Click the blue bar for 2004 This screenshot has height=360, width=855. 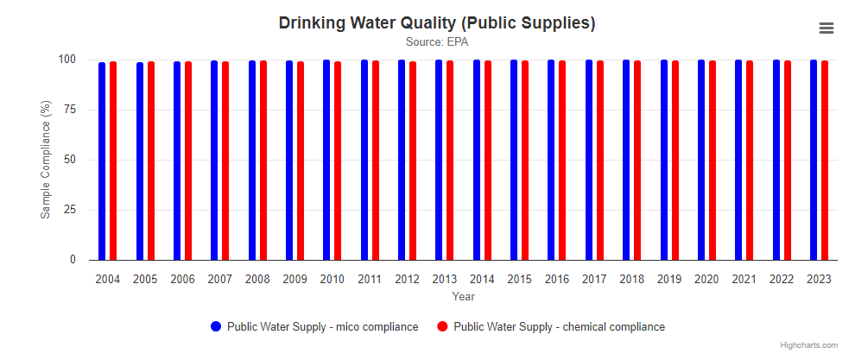(x=102, y=161)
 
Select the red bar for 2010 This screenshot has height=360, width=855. (x=338, y=161)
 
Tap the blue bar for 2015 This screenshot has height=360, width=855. (x=514, y=160)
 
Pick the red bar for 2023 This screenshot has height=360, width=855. (x=825, y=161)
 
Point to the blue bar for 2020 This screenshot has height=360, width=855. (x=701, y=160)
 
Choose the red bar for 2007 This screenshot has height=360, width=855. (x=225, y=161)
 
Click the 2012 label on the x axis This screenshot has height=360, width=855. (x=408, y=280)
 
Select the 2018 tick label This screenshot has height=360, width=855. (x=632, y=280)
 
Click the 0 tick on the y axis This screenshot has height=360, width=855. (x=73, y=260)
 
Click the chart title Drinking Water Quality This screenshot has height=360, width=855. (x=437, y=22)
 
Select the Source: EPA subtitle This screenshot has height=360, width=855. (x=437, y=41)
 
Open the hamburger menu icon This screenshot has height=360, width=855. (x=826, y=28)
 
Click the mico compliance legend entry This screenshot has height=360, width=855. (x=322, y=327)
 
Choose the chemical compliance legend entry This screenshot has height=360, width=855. (x=559, y=327)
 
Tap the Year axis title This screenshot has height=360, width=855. (x=464, y=297)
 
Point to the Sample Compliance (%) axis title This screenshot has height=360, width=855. (x=45, y=160)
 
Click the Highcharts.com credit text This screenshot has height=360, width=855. (x=808, y=345)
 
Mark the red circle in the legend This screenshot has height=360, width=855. (x=442, y=327)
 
